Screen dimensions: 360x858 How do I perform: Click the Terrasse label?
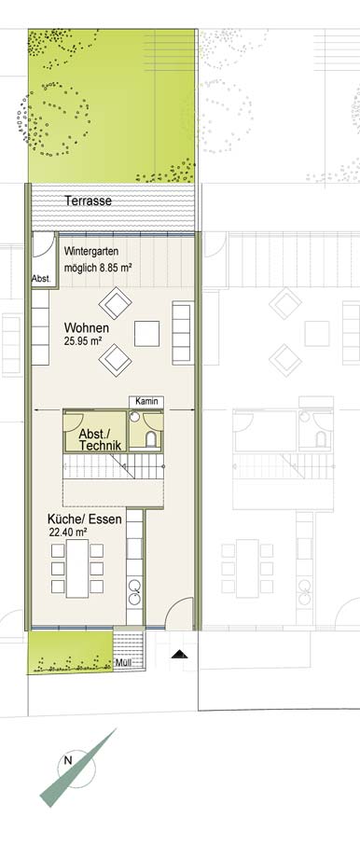coord(88,201)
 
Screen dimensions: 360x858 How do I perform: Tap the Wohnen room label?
coord(87,328)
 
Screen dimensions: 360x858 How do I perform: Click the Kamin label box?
coord(146,402)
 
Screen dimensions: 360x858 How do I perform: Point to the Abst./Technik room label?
coord(100,439)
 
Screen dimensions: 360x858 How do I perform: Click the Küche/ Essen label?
coord(84,519)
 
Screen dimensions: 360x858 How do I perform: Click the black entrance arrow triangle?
coord(179,654)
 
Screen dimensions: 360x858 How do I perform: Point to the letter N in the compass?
coord(68,760)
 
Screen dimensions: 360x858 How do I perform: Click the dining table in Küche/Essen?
coord(77,569)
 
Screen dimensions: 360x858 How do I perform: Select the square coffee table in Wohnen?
coord(147,334)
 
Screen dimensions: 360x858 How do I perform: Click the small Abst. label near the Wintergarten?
coord(41,279)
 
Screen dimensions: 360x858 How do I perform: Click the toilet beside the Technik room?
coord(151,439)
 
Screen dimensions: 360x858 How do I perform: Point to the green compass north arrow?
coord(77,768)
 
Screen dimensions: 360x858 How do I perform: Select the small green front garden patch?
coord(71,652)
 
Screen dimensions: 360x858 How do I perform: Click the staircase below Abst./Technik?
coord(114,466)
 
